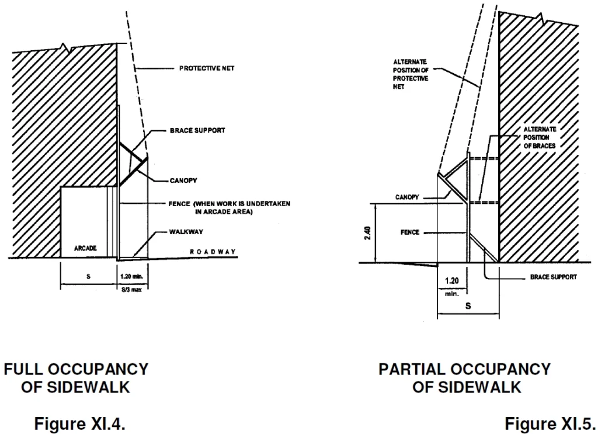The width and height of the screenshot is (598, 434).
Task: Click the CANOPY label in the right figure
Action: (x=407, y=197)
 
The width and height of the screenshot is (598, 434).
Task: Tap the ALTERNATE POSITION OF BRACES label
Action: (x=540, y=137)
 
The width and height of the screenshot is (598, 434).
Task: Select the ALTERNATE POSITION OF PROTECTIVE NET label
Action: (x=411, y=74)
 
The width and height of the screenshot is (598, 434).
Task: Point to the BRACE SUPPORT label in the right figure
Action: (x=553, y=277)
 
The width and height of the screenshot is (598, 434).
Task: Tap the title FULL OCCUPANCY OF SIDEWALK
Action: (x=76, y=379)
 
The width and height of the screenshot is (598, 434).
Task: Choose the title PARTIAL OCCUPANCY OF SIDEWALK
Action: (x=464, y=379)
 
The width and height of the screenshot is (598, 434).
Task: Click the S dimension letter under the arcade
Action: (x=88, y=276)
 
